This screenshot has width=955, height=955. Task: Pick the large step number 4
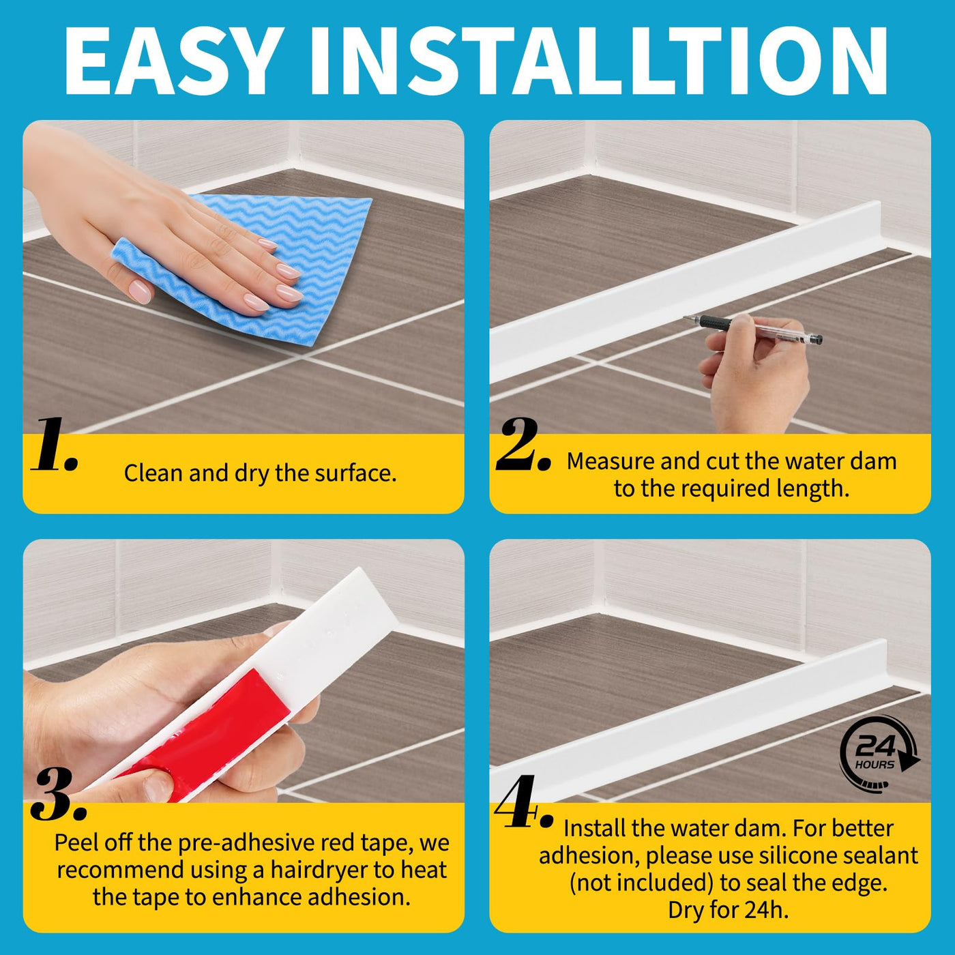click(524, 802)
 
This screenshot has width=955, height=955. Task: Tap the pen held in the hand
click(753, 329)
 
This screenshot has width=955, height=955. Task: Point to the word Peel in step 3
click(75, 842)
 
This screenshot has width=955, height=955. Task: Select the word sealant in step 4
click(881, 856)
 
